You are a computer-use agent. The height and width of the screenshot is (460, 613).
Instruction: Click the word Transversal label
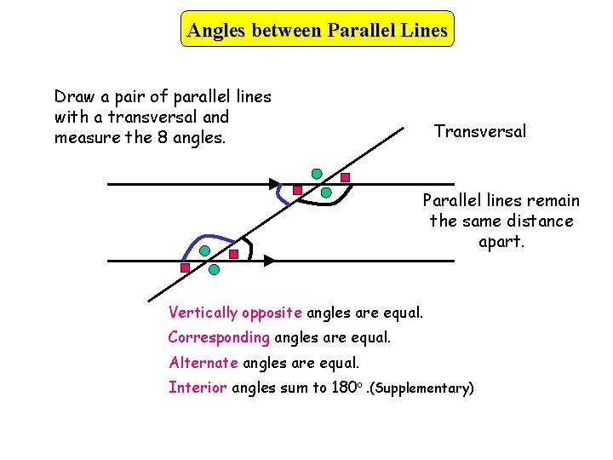point(480,131)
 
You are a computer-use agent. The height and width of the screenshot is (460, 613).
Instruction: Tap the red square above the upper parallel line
point(346,177)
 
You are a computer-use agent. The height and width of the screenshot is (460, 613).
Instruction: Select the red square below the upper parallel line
point(297,190)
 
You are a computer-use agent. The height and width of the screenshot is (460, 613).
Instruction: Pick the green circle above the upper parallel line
point(317,174)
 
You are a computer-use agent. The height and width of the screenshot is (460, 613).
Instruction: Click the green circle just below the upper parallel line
point(326,193)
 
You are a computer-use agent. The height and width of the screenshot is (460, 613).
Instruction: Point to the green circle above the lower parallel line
point(205,251)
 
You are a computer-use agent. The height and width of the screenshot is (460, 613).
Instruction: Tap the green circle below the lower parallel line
point(214,270)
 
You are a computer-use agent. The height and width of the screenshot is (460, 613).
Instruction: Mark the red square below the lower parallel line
point(185,267)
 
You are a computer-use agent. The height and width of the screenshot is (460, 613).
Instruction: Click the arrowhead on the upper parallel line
point(274,183)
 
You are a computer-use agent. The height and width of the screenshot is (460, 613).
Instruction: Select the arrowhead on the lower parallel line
point(268,260)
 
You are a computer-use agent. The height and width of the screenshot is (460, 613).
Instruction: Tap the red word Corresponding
point(219,337)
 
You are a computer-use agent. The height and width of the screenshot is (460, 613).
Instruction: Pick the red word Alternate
point(203,363)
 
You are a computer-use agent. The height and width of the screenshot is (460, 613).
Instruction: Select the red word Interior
point(198,388)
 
